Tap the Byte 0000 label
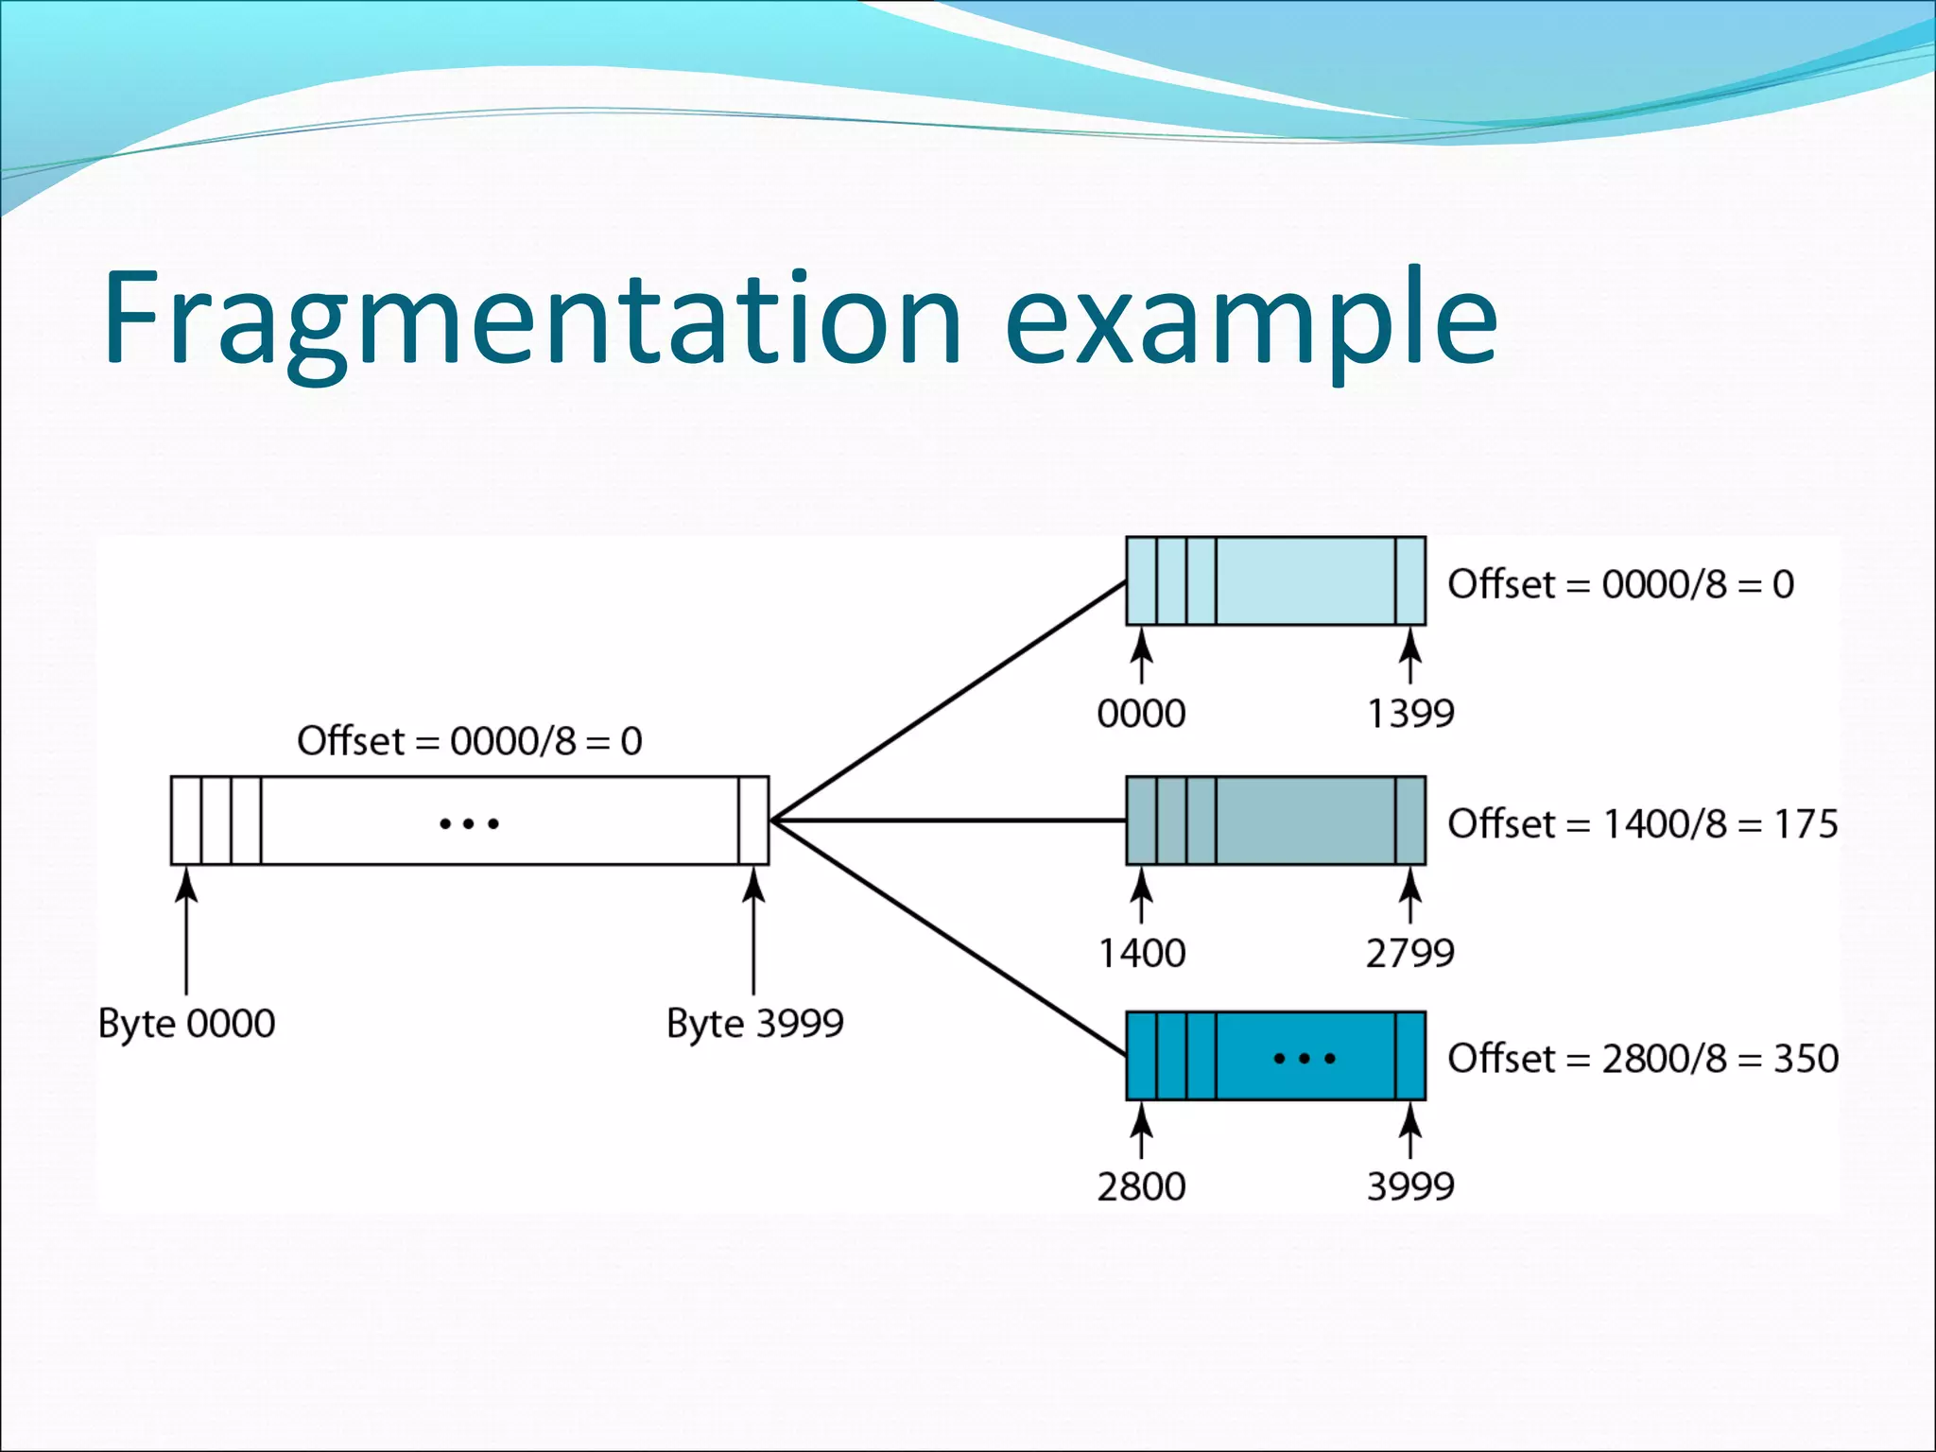186,1024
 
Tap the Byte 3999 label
754,1024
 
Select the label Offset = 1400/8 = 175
1642,823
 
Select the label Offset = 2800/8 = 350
1642,1058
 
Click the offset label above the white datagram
469,741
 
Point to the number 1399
1410,714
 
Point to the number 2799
1409,953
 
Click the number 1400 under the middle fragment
1141,953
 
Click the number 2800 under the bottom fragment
1141,1186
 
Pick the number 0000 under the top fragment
1141,714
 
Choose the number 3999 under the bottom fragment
1410,1186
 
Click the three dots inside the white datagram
469,824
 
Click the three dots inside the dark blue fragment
1305,1059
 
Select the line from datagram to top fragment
945,701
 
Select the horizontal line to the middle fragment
945,821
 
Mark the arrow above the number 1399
1410,656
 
